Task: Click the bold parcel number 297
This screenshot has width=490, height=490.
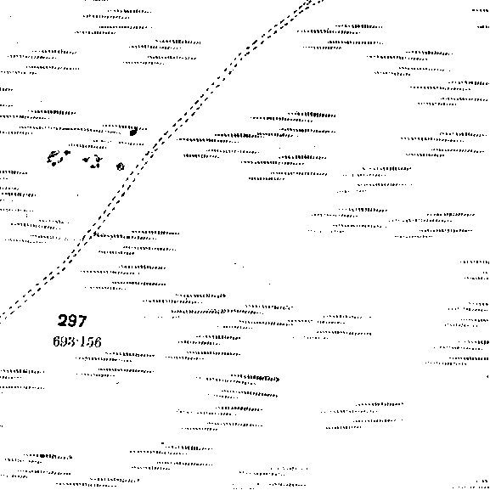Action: pyautogui.click(x=72, y=321)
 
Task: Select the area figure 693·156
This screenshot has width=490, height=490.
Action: pyautogui.click(x=77, y=341)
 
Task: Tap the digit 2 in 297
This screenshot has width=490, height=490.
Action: pyautogui.click(x=63, y=321)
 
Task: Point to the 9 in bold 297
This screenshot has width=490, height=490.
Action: pyautogui.click(x=72, y=321)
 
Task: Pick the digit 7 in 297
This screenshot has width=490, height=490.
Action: pyautogui.click(x=82, y=321)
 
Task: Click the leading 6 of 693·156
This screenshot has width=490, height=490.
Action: pyautogui.click(x=57, y=341)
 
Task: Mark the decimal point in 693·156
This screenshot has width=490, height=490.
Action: pyautogui.click(x=76, y=341)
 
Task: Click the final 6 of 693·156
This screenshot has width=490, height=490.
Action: pyautogui.click(x=98, y=342)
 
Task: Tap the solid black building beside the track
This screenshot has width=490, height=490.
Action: pyautogui.click(x=133, y=132)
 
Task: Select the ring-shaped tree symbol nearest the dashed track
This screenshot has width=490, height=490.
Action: pyautogui.click(x=121, y=166)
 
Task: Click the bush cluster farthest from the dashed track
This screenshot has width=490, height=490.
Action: pyautogui.click(x=58, y=157)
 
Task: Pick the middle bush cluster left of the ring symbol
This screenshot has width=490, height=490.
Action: pyautogui.click(x=93, y=161)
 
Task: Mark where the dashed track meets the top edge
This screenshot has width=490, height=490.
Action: pyautogui.click(x=316, y=1)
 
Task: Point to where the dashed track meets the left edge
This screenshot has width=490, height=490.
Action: pyautogui.click(x=1, y=316)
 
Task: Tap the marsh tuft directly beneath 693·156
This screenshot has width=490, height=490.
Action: pyautogui.click(x=115, y=357)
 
